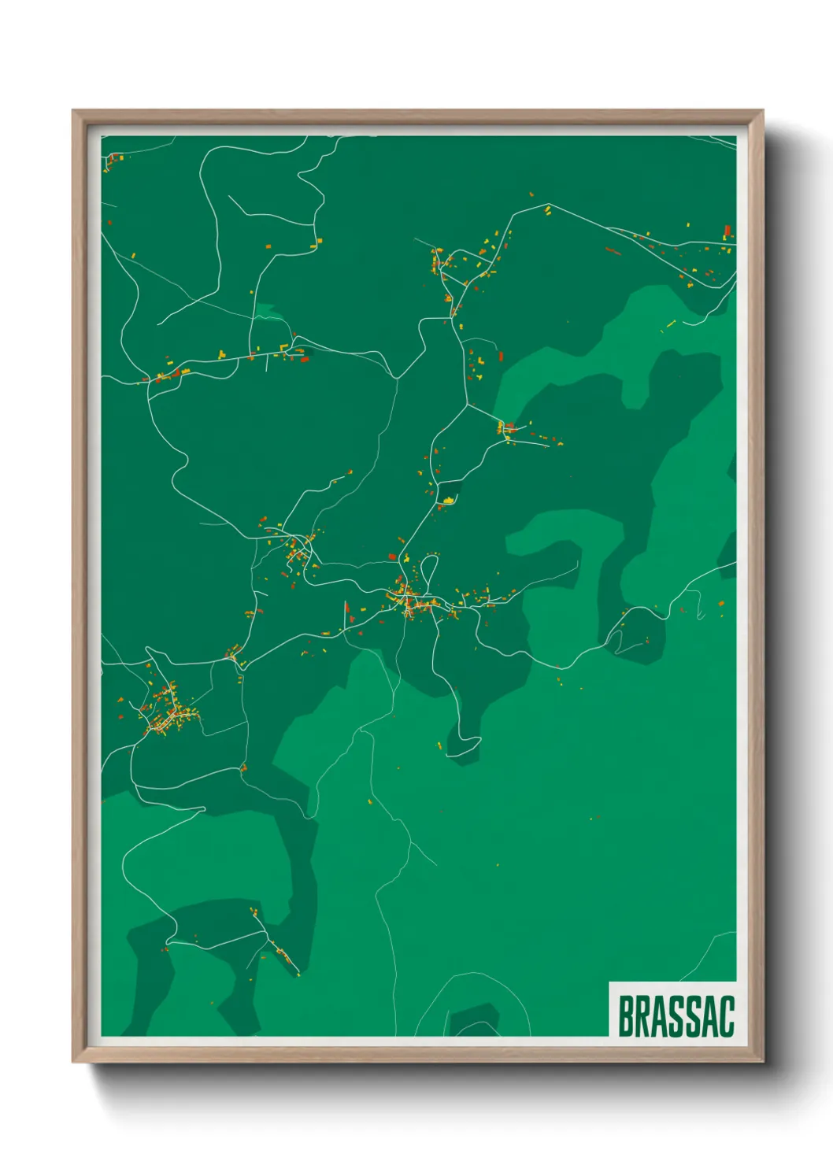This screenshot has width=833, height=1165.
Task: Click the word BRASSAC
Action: [676, 1016]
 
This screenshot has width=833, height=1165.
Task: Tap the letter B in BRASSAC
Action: [627, 1016]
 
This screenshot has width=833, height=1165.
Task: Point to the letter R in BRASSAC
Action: [645, 1016]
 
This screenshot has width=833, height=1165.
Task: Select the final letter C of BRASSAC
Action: [726, 1016]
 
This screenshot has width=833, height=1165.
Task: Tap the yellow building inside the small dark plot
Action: [449, 500]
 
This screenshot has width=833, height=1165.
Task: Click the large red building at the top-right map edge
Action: [727, 231]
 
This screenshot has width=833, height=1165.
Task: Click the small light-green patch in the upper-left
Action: [270, 314]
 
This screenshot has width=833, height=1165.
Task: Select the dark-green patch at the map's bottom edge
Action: [473, 1021]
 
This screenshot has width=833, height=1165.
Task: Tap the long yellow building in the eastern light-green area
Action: [671, 323]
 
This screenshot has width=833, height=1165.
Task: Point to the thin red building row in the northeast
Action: [613, 251]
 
